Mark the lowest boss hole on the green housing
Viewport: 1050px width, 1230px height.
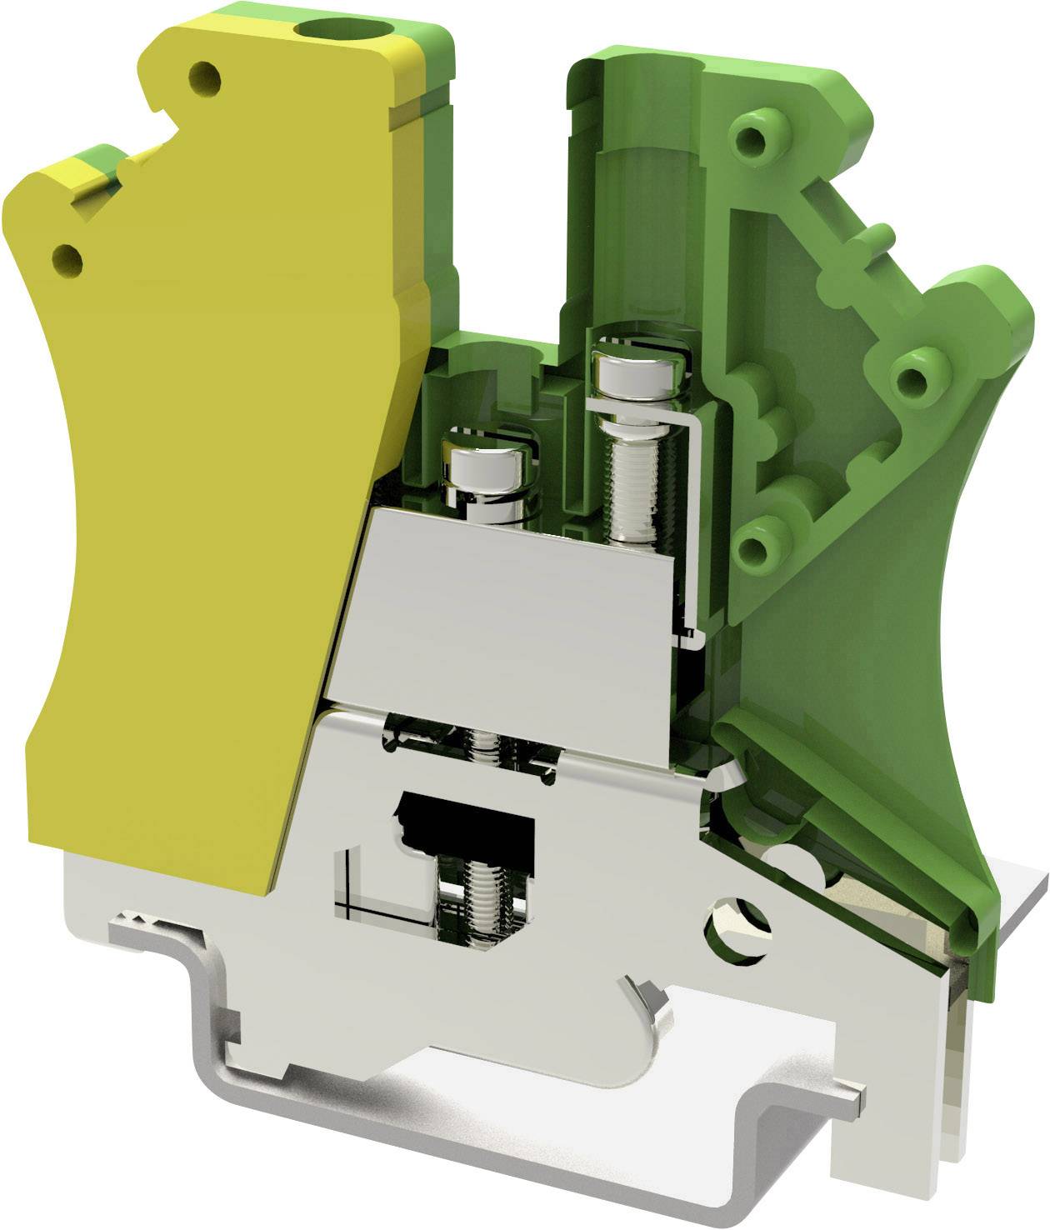757,546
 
